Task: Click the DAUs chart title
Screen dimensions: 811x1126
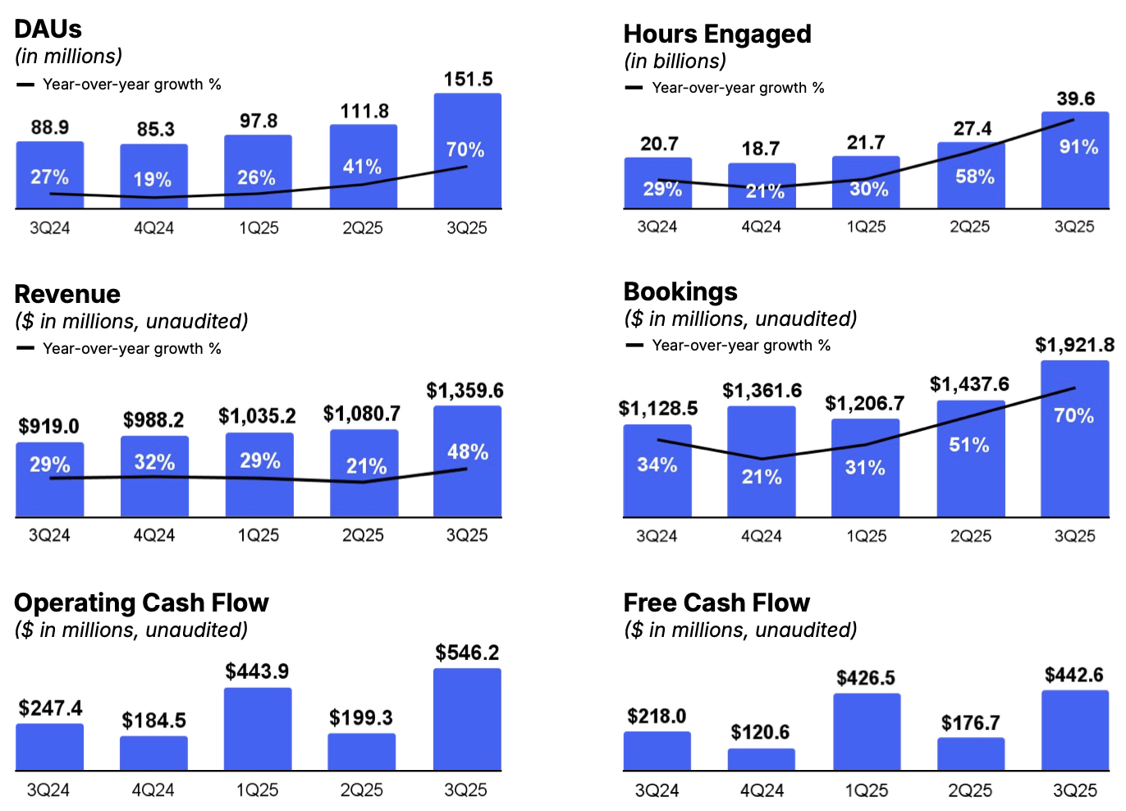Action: (x=48, y=29)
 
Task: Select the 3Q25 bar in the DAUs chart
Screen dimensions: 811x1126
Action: (x=467, y=152)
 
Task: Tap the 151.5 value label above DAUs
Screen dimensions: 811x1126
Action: (x=468, y=80)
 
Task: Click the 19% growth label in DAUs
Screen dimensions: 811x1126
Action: (x=153, y=180)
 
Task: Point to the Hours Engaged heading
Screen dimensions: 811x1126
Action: (x=716, y=34)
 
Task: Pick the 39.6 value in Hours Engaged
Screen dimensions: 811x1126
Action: (x=1075, y=99)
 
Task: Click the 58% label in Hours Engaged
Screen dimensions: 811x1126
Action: (x=974, y=176)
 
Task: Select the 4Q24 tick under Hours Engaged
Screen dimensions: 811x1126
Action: (x=761, y=227)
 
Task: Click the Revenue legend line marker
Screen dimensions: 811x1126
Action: (x=25, y=348)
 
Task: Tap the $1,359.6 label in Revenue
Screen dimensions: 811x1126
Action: (x=465, y=391)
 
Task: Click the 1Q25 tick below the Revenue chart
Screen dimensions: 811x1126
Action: (x=259, y=535)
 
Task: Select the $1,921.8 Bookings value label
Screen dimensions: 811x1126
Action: (x=1074, y=346)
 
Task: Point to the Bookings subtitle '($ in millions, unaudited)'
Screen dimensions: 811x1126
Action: (x=740, y=318)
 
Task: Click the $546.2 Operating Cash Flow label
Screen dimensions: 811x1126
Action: (x=467, y=653)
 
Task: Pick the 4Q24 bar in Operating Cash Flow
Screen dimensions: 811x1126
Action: (x=153, y=753)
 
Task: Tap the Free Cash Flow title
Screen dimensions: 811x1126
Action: (x=716, y=603)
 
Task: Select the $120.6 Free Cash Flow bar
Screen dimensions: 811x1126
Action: (x=761, y=759)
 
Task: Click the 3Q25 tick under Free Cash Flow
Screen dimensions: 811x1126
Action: (x=1074, y=790)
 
